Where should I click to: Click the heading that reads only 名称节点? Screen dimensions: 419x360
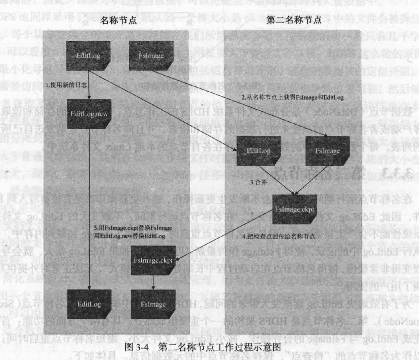pyautogui.click(x=118, y=20)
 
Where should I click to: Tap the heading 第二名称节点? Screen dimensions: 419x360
pyautogui.click(x=294, y=20)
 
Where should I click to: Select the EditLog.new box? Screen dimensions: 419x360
pyautogui.click(x=89, y=114)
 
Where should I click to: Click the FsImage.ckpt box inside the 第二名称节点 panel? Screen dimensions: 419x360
pyautogui.click(x=294, y=210)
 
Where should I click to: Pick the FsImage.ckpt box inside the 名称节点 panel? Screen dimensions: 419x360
pyautogui.click(x=153, y=260)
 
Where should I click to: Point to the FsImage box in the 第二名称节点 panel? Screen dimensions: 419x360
pyautogui.click(x=327, y=151)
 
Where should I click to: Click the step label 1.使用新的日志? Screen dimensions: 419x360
pyautogui.click(x=66, y=85)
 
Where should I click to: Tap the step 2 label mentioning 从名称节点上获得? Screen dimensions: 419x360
pyautogui.click(x=292, y=97)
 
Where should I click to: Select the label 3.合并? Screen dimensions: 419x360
pyautogui.click(x=258, y=182)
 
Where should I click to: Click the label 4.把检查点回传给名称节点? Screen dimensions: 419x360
pyautogui.click(x=278, y=236)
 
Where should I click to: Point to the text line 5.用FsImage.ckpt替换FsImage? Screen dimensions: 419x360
pyautogui.click(x=133, y=228)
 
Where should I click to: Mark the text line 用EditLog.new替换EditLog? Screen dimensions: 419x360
pyautogui.click(x=129, y=236)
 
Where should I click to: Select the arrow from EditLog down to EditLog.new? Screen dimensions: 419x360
pyautogui.click(x=89, y=85)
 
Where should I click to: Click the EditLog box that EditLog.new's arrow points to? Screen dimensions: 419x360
pyautogui.click(x=89, y=304)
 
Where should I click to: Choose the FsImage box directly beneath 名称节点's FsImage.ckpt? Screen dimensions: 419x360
pyautogui.click(x=153, y=304)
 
